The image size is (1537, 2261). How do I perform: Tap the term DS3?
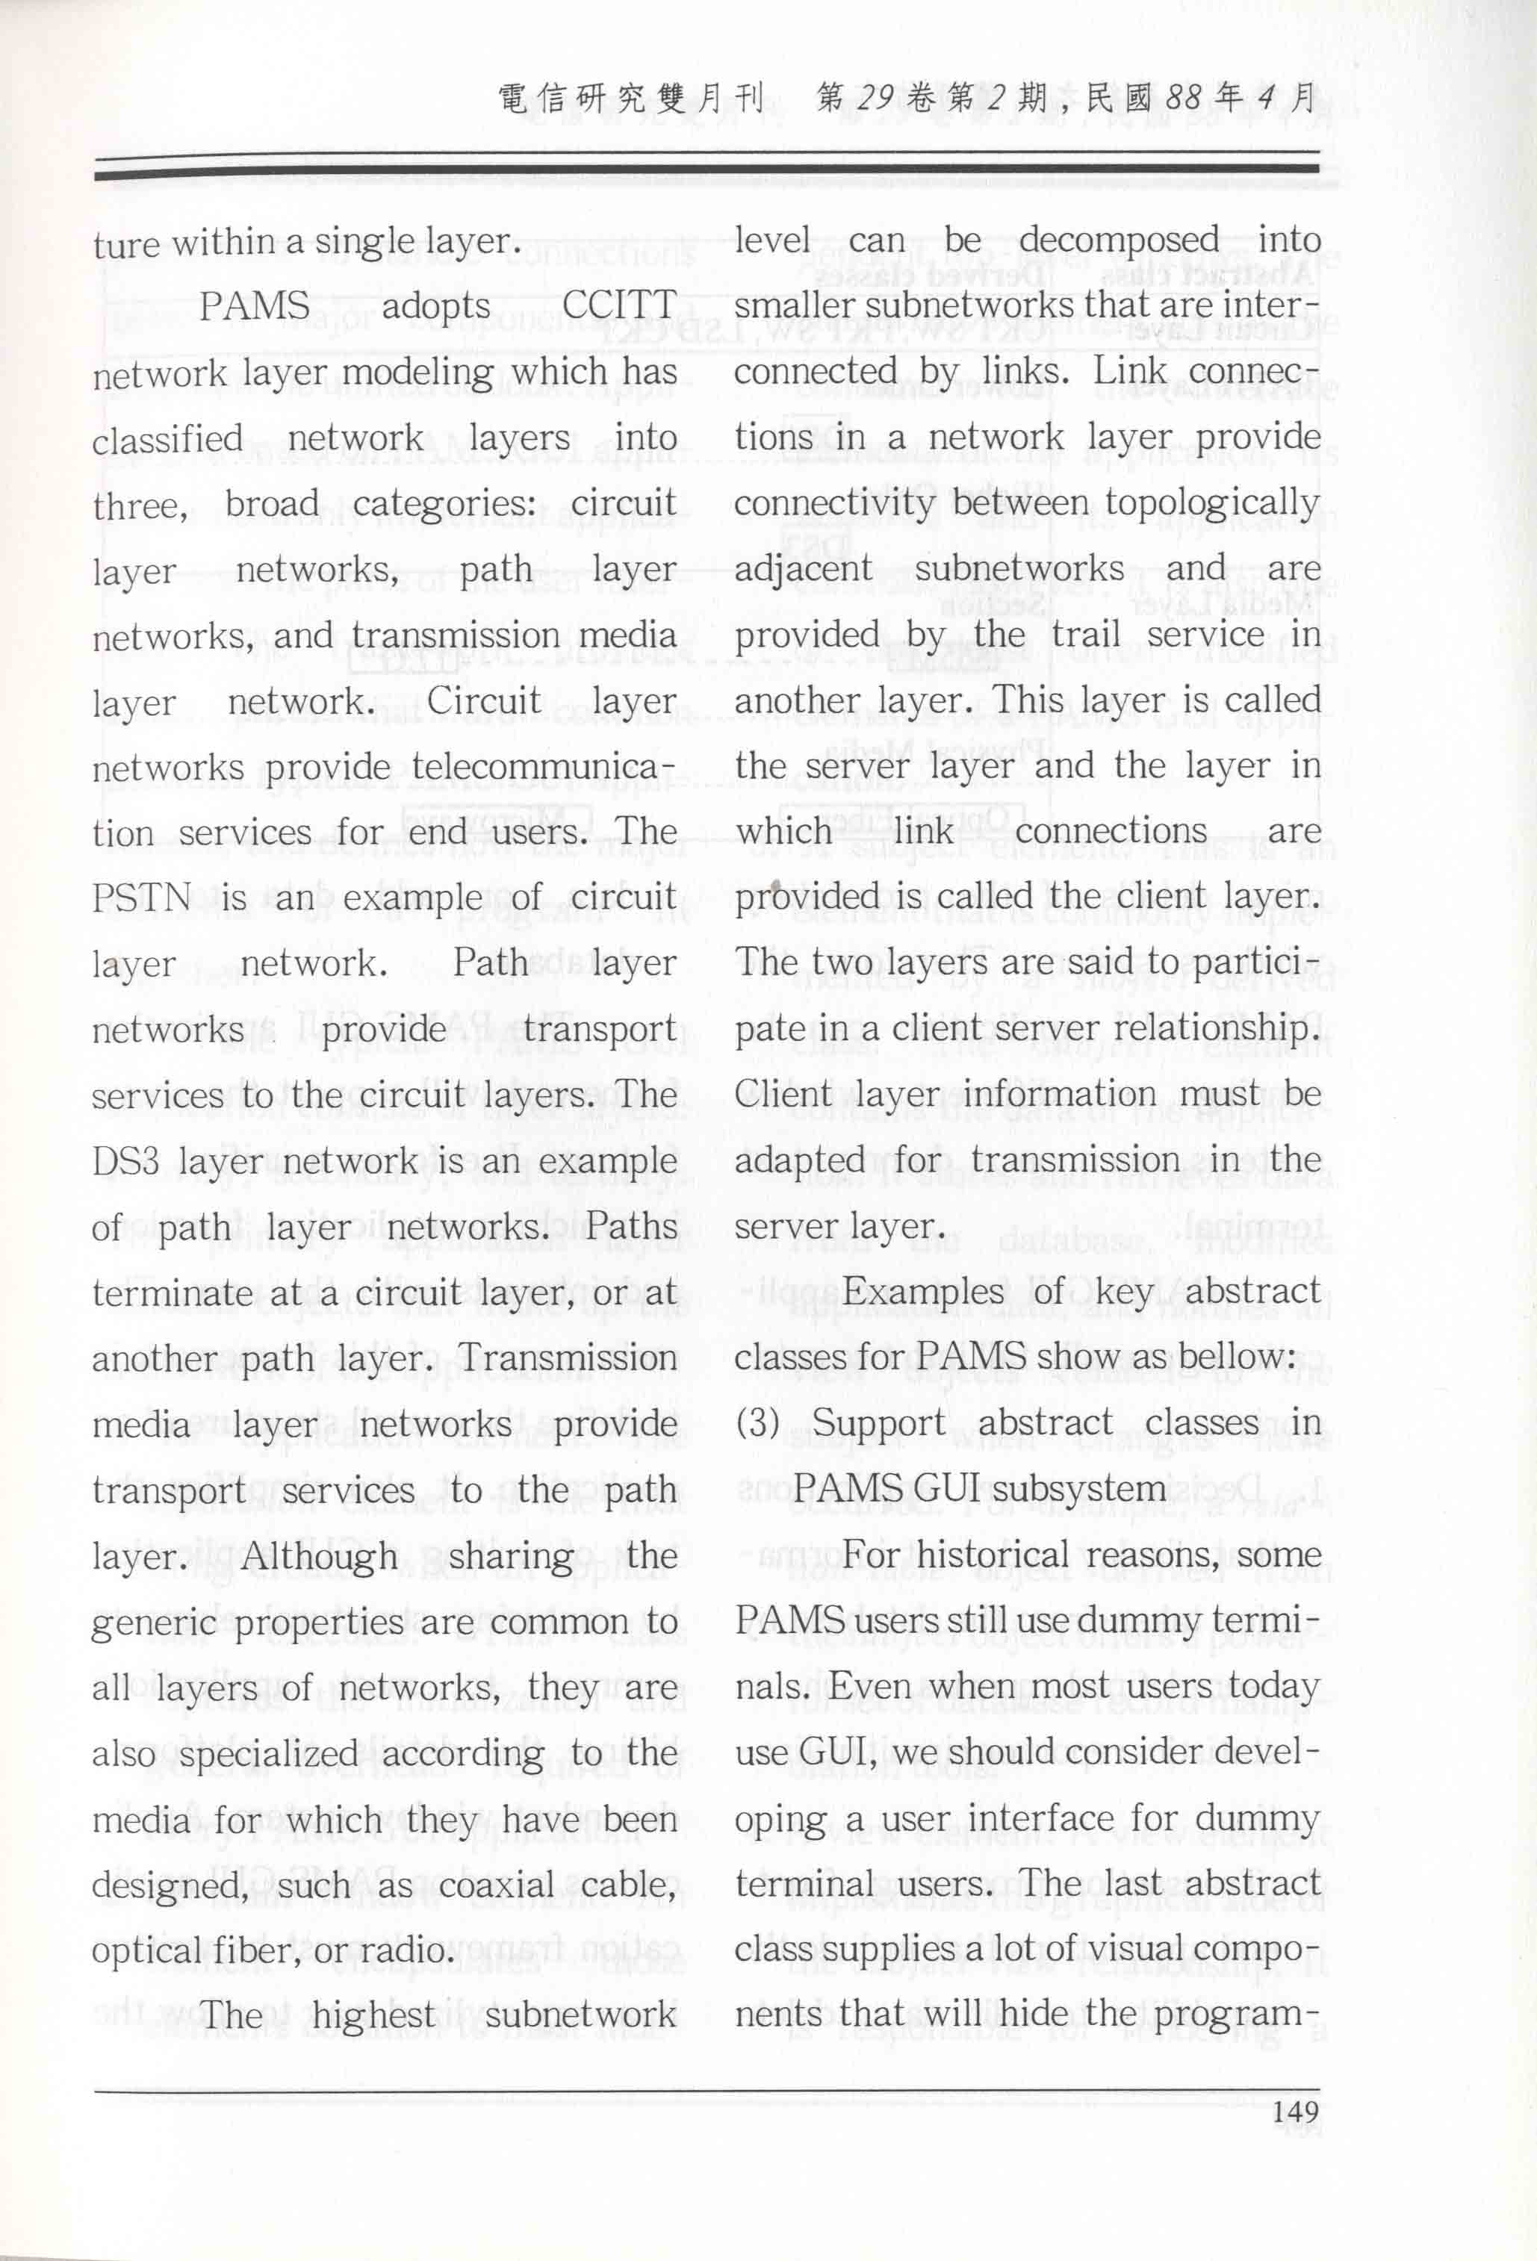(125, 1160)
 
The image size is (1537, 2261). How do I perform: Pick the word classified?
(167, 439)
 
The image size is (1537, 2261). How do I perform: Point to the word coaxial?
(498, 1885)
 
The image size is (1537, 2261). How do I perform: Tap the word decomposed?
(1119, 240)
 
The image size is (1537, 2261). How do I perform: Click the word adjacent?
(804, 569)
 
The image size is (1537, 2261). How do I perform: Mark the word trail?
(1087, 635)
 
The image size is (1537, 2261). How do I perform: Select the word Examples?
(922, 1291)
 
